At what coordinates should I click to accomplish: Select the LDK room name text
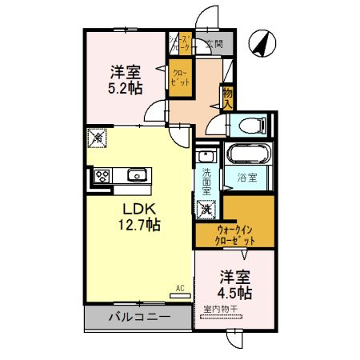click(x=142, y=209)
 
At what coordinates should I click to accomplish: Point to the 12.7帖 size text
click(x=142, y=225)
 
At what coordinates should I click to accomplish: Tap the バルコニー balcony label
click(x=141, y=318)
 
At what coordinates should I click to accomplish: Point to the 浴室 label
click(x=247, y=178)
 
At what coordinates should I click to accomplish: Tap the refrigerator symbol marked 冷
click(x=97, y=137)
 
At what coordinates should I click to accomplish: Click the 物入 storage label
click(x=228, y=98)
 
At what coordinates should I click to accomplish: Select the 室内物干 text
click(x=226, y=309)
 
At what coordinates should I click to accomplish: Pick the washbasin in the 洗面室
click(x=206, y=156)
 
